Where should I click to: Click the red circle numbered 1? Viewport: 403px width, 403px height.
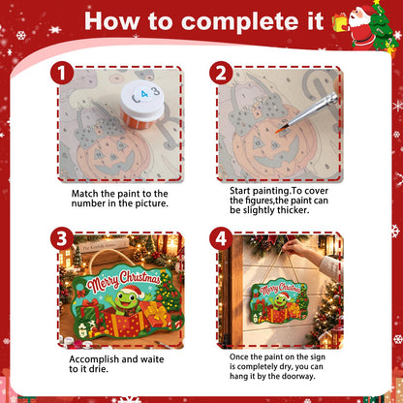pyautogui.click(x=62, y=73)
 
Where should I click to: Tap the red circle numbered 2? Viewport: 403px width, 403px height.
pyautogui.click(x=221, y=73)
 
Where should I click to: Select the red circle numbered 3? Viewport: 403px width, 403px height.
pyautogui.click(x=62, y=238)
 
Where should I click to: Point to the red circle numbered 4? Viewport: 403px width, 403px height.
pyautogui.click(x=221, y=238)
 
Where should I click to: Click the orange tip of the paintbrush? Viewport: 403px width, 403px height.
pyautogui.click(x=278, y=131)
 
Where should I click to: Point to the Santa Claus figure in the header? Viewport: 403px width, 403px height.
pyautogui.click(x=360, y=27)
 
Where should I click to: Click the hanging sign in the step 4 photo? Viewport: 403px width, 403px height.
pyautogui.click(x=280, y=300)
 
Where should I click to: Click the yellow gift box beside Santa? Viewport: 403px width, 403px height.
pyautogui.click(x=340, y=23)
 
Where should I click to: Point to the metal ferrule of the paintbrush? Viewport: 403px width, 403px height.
pyautogui.click(x=325, y=103)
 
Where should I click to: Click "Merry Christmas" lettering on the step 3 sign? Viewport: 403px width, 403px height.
pyautogui.click(x=123, y=280)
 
